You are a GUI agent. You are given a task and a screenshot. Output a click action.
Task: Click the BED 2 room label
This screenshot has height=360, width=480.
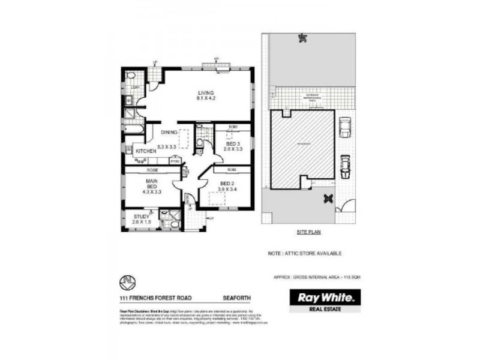click(227, 184)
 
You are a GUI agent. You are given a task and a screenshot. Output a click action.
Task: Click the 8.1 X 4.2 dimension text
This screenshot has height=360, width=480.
click(205, 98)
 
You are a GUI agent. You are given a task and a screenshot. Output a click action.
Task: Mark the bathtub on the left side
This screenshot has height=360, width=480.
click(133, 127)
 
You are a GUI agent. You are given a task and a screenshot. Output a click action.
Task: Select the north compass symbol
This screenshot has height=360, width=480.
click(127, 280)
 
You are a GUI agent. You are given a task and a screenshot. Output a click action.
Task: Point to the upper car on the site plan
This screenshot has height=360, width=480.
click(344, 127)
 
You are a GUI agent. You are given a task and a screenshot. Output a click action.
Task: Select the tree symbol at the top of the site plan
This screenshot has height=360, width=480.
click(301, 39)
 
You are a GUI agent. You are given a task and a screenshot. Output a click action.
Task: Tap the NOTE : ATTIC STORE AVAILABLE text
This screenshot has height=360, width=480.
click(305, 254)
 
